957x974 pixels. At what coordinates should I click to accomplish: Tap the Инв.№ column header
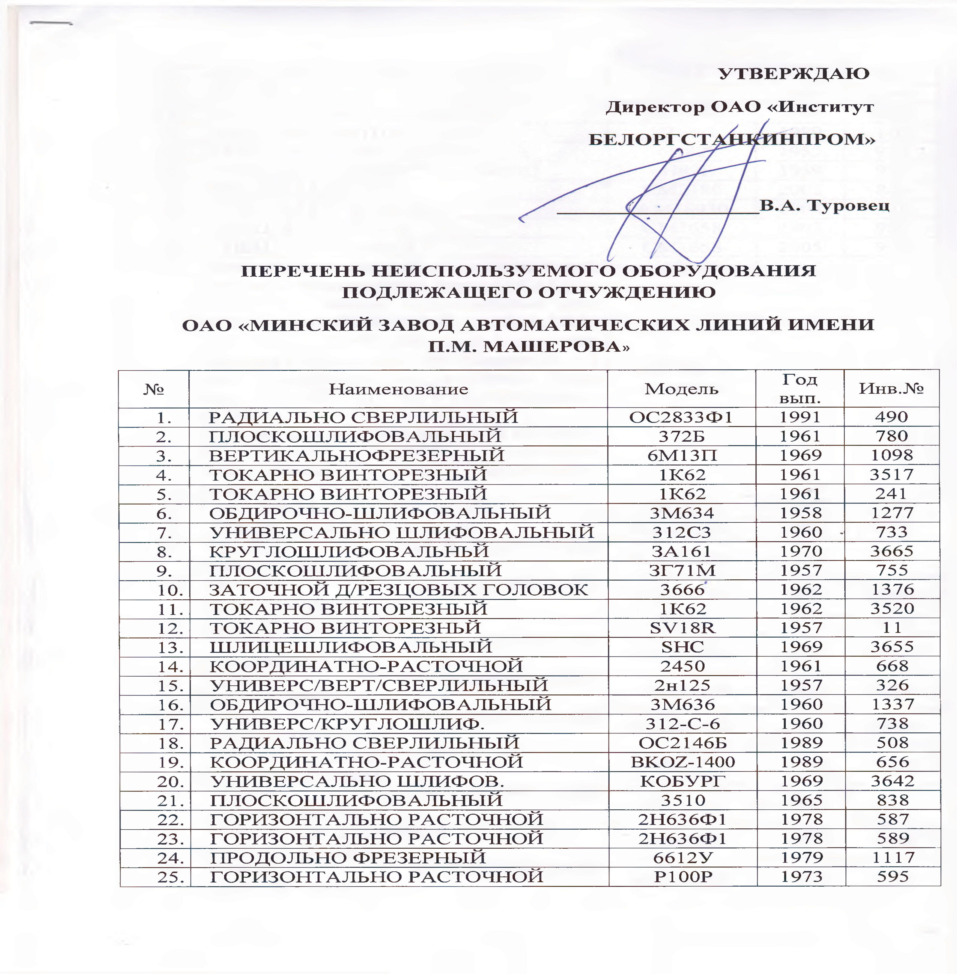891,389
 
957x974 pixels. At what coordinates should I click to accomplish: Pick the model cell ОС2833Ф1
682,417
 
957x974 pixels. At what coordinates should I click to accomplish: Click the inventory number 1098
892,455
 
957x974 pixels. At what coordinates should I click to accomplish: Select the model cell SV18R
682,627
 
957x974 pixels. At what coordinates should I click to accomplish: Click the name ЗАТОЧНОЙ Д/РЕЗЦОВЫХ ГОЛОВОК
398,589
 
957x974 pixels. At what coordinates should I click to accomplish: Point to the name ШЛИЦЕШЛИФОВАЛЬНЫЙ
350,647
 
